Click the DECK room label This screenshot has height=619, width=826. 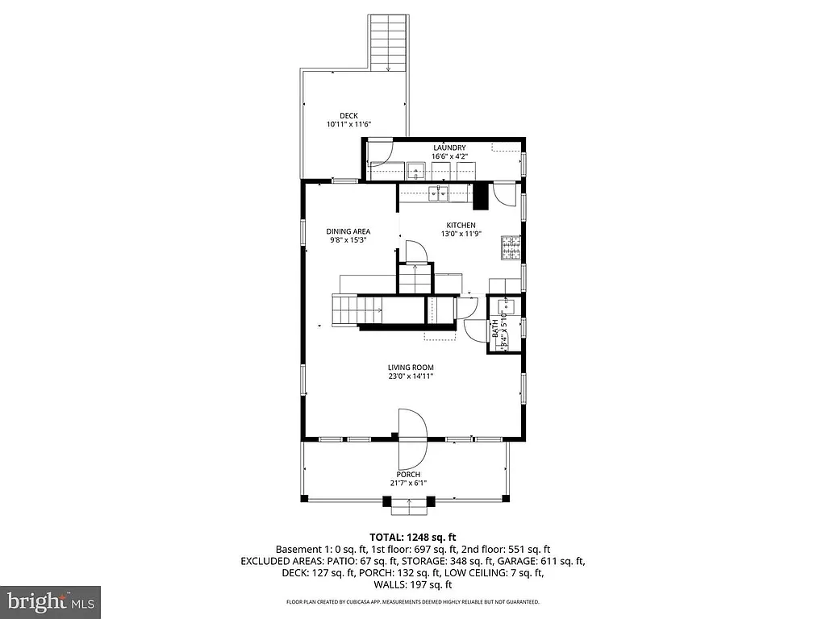pos(348,115)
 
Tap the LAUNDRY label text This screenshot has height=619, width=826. pos(449,147)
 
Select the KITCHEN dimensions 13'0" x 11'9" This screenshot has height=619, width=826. pos(461,235)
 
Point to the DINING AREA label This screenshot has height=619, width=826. pos(348,231)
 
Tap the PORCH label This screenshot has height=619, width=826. pos(408,474)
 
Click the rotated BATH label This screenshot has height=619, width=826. pos(495,330)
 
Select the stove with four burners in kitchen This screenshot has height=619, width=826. pos(511,249)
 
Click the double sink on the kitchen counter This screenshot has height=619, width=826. pos(438,193)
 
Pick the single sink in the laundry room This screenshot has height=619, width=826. pos(416,170)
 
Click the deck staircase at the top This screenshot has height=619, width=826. pos(389,43)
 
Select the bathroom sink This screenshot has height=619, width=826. pos(508,306)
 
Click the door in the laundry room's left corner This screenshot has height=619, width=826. pos(380,153)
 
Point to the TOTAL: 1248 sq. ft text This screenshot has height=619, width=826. pos(413,537)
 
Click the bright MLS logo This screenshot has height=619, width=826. pos(50,601)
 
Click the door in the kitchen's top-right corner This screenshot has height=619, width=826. pos(504,194)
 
